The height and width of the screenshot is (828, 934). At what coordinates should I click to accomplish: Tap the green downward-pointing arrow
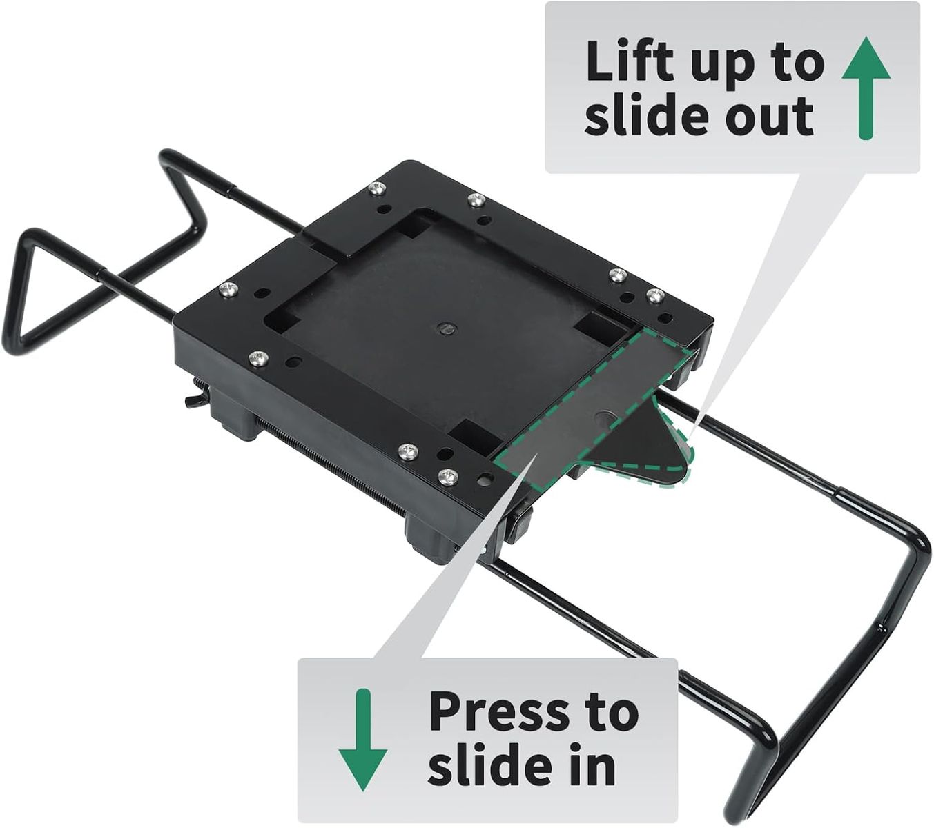pyautogui.click(x=363, y=740)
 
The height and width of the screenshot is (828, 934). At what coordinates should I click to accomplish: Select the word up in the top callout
pyautogui.click(x=730, y=66)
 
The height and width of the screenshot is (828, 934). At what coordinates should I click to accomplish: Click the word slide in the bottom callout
pyautogui.click(x=489, y=767)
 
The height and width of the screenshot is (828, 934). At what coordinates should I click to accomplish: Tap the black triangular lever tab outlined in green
pyautogui.click(x=645, y=451)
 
